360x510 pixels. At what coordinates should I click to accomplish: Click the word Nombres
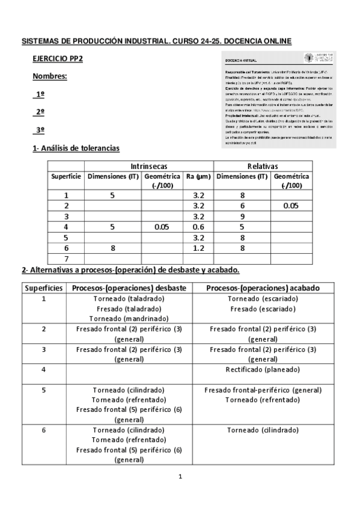click(49, 77)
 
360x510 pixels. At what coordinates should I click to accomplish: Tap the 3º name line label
click(40, 130)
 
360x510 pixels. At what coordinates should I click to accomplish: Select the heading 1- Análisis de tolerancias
click(76, 148)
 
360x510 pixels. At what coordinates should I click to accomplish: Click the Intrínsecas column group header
click(148, 166)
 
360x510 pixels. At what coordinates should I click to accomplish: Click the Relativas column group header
click(262, 166)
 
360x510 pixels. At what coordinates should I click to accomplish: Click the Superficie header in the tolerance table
click(66, 177)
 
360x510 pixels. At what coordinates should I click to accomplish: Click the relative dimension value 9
click(242, 217)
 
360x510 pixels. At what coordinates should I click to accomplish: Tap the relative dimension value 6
click(242, 206)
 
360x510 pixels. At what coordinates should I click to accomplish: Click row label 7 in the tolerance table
click(66, 259)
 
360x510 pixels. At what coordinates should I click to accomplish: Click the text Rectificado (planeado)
click(263, 369)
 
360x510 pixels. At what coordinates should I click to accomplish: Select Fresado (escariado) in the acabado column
click(263, 309)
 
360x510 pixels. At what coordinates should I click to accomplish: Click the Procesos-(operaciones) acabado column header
click(263, 287)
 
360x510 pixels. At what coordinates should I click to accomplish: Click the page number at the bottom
click(180, 477)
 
